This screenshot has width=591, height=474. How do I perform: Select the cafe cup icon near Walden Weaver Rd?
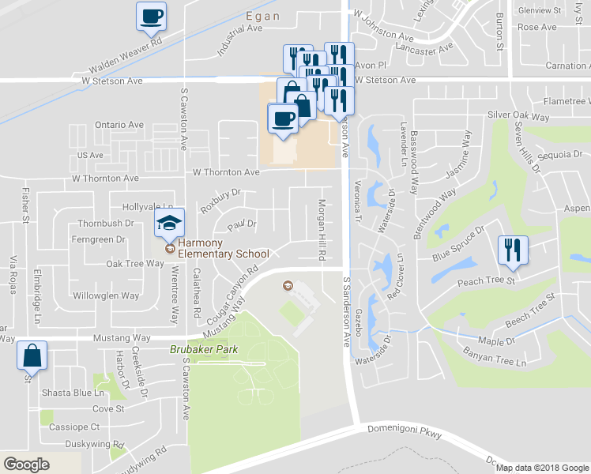(151, 16)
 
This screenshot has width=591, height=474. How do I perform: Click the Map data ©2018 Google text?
(541, 468)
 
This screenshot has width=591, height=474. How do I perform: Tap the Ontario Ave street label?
(119, 125)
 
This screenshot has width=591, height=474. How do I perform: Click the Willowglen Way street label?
(106, 296)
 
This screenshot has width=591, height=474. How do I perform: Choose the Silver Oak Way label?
(518, 116)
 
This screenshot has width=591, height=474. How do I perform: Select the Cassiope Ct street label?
(72, 426)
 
